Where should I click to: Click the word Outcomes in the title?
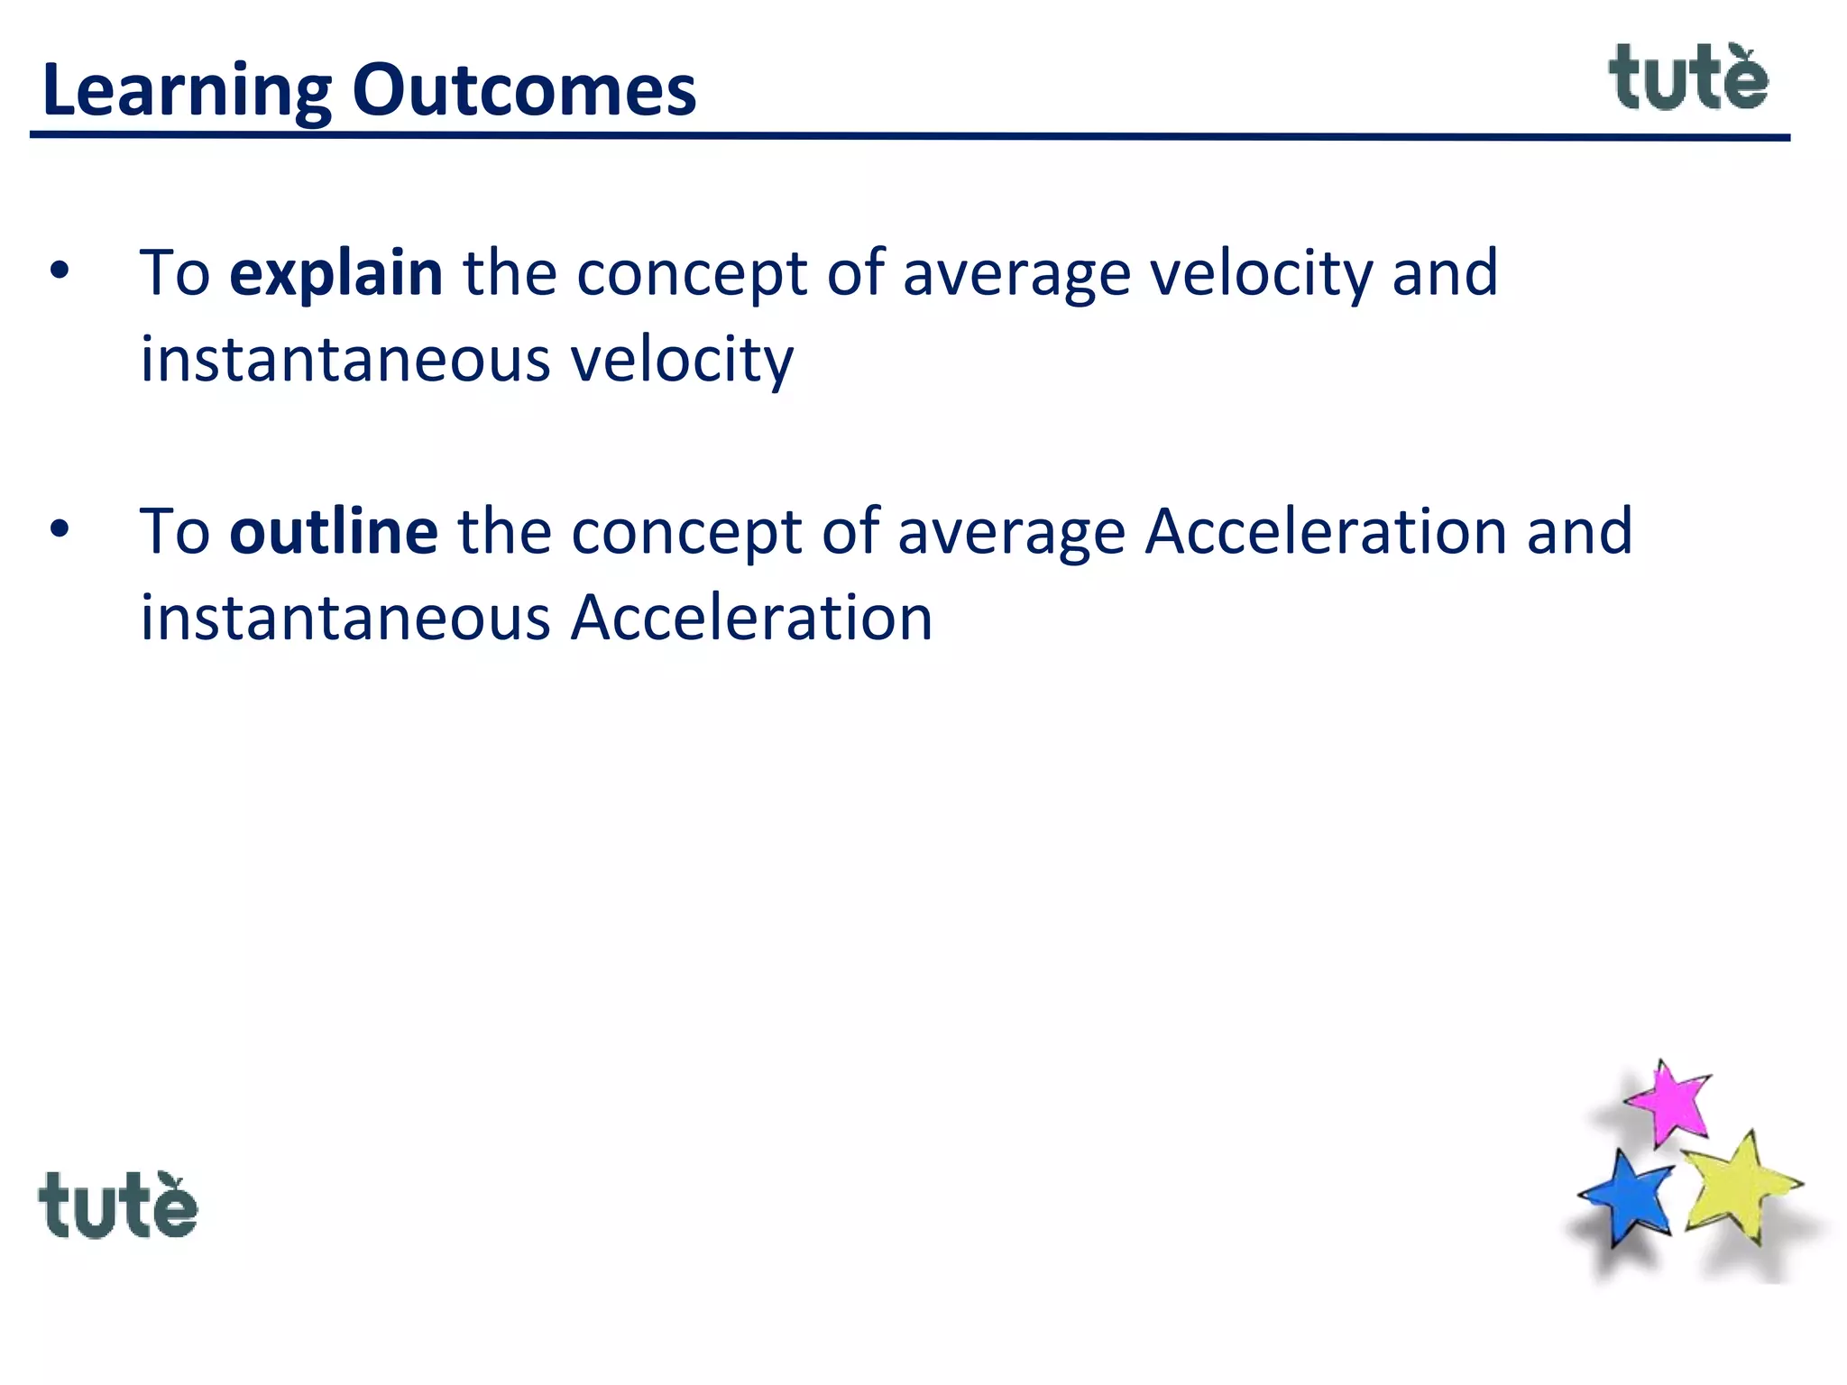pyautogui.click(x=524, y=90)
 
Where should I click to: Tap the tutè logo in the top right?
pyautogui.click(x=1688, y=79)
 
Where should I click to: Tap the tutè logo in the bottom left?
pyautogui.click(x=118, y=1206)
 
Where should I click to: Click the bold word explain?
pyautogui.click(x=336, y=273)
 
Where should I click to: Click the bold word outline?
pyautogui.click(x=334, y=532)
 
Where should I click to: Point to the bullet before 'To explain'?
pyautogui.click(x=60, y=271)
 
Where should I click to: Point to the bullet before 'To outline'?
pyautogui.click(x=60, y=530)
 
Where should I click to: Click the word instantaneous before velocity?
pyautogui.click(x=345, y=359)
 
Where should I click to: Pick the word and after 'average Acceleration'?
pyautogui.click(x=1580, y=532)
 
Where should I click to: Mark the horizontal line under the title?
pyautogui.click(x=909, y=136)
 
